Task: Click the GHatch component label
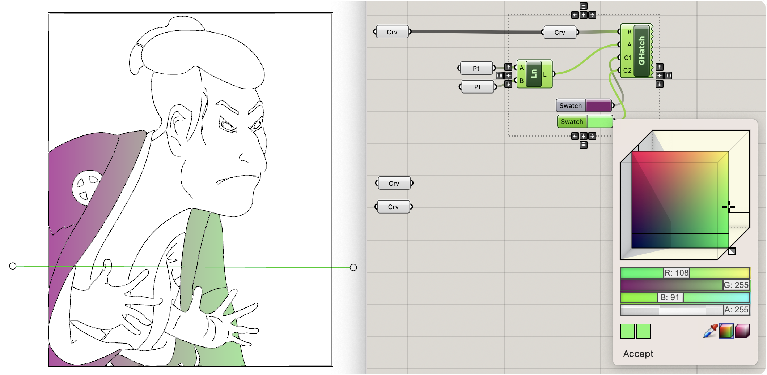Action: coord(642,51)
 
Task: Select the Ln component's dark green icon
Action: coord(534,74)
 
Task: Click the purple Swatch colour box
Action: coord(598,106)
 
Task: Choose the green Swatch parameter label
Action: coord(572,122)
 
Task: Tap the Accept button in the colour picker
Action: coord(638,354)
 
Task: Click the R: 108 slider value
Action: coord(676,273)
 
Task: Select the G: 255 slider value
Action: coord(736,285)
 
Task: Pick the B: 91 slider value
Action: coord(670,297)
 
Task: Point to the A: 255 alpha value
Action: coord(736,310)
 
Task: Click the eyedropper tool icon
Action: coord(710,331)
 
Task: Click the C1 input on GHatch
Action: coord(628,57)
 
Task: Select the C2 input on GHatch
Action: coord(627,70)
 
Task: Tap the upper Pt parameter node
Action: coord(476,68)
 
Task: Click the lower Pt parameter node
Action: coord(478,87)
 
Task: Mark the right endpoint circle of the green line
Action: coord(353,267)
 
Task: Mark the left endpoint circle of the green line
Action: coord(13,266)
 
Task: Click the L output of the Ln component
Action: coord(544,74)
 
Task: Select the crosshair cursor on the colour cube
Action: coord(729,207)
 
